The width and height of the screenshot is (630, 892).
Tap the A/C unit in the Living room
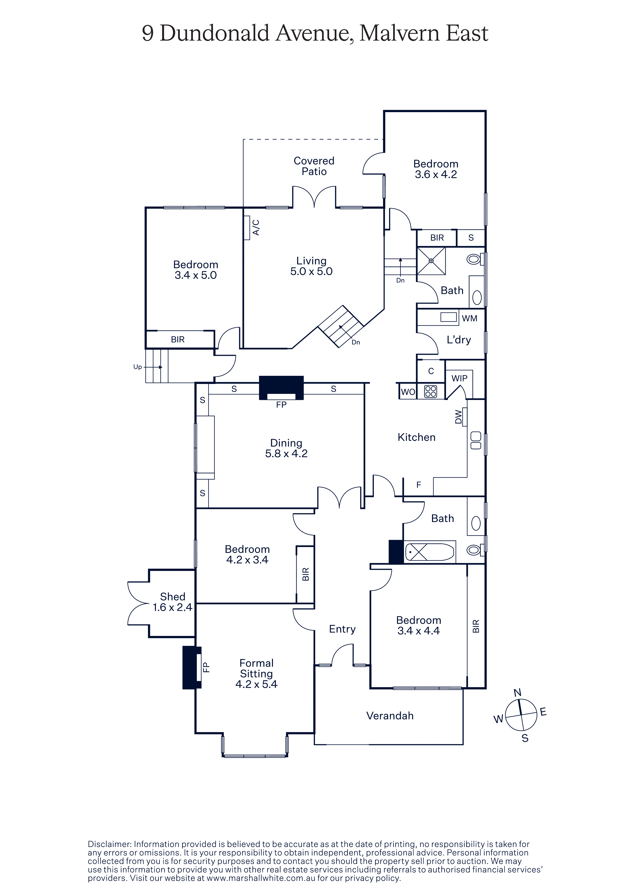247,228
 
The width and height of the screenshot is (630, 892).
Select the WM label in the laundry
469,318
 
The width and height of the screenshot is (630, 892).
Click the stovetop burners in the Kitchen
431,391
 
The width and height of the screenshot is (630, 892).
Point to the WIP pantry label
459,378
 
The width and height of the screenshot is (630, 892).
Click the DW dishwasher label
458,417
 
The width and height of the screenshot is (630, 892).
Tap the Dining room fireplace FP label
281,405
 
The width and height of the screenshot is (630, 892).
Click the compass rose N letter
517,693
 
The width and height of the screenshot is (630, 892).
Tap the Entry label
342,629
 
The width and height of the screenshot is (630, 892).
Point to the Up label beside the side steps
137,367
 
